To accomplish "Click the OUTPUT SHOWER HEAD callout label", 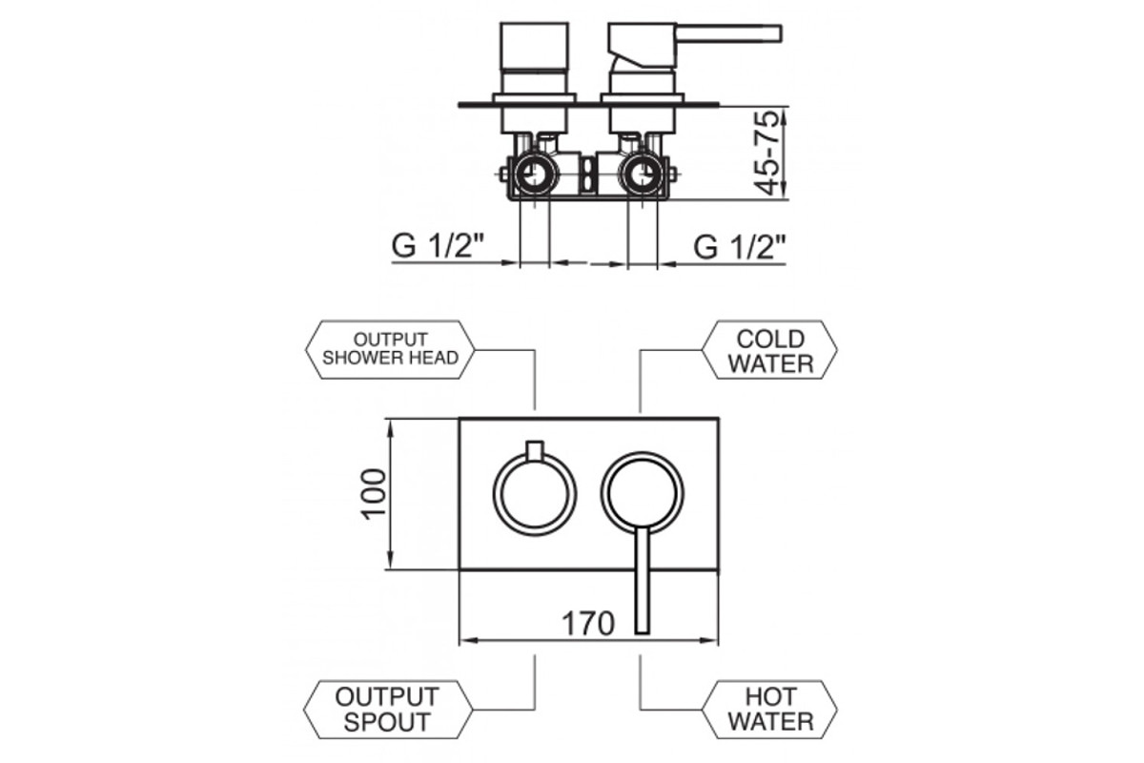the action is (390, 350).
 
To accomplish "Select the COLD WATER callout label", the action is (769, 350).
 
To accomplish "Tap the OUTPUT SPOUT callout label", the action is (388, 710).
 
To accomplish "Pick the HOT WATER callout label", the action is (769, 710).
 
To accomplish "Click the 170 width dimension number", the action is (588, 623).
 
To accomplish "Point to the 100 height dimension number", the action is (374, 494).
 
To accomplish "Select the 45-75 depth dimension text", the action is (768, 154).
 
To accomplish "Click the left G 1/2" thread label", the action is (438, 246).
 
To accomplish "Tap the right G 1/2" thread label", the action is (739, 247).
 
